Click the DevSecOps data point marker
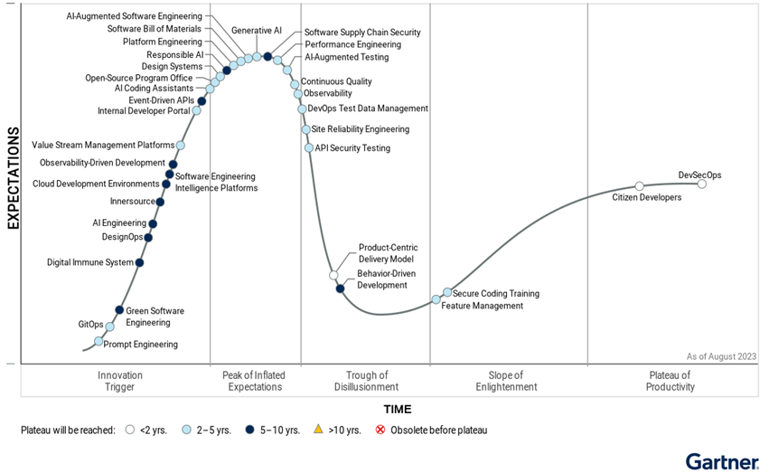click(702, 184)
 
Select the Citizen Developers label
click(646, 197)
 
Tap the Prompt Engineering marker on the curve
click(98, 341)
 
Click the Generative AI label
click(257, 30)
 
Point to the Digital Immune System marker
click(139, 263)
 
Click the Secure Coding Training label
click(495, 293)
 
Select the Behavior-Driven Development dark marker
click(340, 289)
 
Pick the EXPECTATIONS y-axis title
click(14, 178)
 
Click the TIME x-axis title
click(398, 409)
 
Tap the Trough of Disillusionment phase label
click(366, 381)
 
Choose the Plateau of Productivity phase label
click(671, 381)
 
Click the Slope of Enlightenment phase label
click(506, 381)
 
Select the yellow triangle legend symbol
click(317, 430)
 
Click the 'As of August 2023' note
click(720, 356)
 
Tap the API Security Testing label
click(352, 148)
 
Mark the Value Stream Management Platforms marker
click(181, 145)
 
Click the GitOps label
click(90, 324)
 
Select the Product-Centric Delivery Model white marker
click(333, 275)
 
